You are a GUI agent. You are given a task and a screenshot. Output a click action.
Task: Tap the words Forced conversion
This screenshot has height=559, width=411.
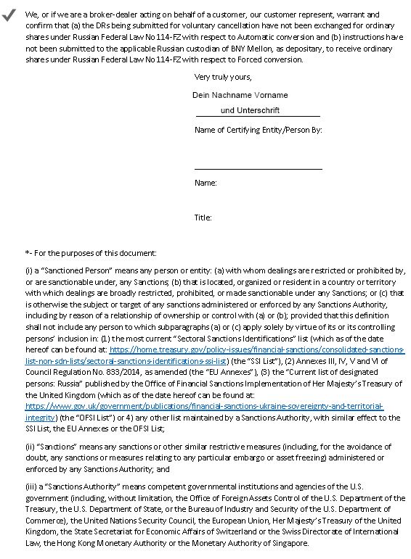point(272,59)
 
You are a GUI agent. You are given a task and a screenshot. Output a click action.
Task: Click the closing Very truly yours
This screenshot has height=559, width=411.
point(223,77)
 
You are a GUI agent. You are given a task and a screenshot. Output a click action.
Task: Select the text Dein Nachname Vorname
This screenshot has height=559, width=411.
point(240,95)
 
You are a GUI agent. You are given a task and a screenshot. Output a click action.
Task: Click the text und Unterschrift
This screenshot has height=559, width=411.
point(250,110)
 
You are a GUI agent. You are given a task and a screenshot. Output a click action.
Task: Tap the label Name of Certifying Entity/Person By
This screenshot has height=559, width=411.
point(258,131)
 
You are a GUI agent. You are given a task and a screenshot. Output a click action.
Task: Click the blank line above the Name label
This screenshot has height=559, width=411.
point(258,168)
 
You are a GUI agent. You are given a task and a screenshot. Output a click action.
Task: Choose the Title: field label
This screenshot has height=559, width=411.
point(203,218)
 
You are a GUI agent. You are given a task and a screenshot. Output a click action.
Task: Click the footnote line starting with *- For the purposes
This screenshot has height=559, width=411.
point(91,252)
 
